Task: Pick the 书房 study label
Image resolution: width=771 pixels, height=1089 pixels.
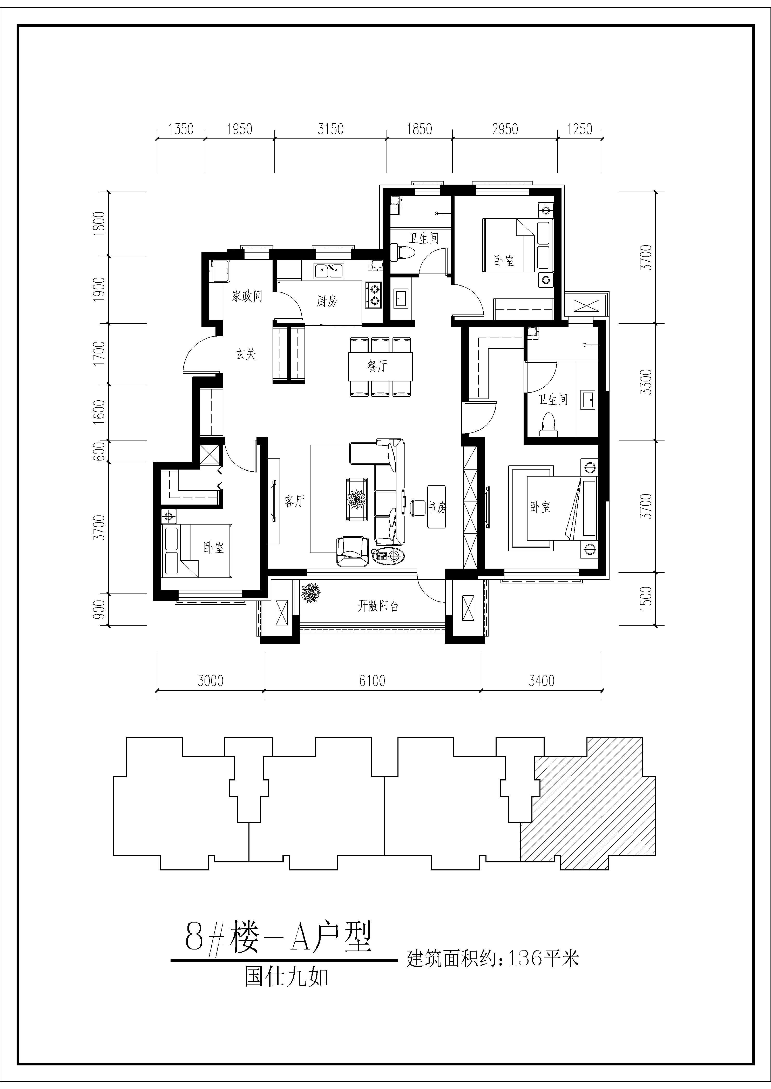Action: click(x=437, y=507)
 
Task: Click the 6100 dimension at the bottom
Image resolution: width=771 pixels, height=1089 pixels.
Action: click(x=372, y=681)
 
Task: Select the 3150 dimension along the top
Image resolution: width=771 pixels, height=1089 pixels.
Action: click(x=330, y=129)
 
